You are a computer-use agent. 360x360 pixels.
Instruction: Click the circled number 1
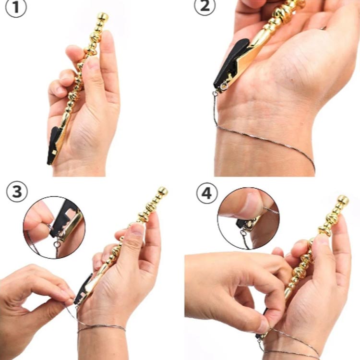coord(16,8)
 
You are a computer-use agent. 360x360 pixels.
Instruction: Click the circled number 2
coord(205,6)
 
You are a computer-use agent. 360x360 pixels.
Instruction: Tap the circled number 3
coord(17,191)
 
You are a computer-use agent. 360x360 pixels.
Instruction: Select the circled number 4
coord(206,193)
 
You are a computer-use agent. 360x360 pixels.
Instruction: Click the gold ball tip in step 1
coord(103,16)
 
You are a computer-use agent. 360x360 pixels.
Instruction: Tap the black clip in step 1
coord(53,145)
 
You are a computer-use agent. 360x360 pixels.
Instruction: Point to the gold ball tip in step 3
coord(163,191)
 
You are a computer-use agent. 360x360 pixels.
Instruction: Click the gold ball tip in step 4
coord(343,200)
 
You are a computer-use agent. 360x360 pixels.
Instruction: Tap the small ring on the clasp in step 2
coord(224,86)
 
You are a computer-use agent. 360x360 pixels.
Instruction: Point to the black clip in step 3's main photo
coord(83,289)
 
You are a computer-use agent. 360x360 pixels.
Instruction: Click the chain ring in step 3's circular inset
coord(57,244)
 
